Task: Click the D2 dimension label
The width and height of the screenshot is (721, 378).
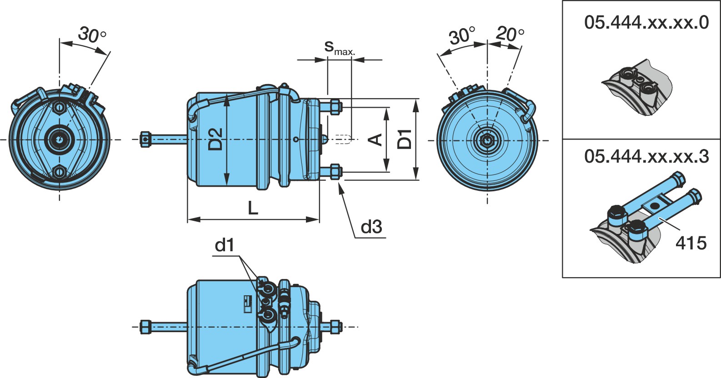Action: [215, 139]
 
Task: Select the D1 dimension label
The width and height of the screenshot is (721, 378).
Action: [405, 139]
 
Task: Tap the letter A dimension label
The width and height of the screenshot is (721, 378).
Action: [375, 139]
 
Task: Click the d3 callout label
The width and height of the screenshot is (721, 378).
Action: [371, 227]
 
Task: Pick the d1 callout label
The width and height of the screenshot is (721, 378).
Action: [225, 245]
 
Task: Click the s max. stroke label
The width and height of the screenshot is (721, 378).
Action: [340, 48]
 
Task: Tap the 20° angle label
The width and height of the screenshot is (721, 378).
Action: [510, 34]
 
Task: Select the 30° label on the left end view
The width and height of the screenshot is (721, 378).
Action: [92, 35]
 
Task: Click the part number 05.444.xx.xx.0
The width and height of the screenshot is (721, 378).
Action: [646, 23]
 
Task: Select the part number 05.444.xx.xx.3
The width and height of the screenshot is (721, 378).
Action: [646, 157]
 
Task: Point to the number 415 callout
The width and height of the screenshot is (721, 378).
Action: [691, 243]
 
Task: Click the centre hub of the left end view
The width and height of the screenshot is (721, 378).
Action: [60, 139]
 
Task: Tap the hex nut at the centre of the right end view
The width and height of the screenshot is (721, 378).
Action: [487, 140]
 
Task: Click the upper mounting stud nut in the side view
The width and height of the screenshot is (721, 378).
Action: [335, 107]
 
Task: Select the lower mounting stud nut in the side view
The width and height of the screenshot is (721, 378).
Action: [335, 172]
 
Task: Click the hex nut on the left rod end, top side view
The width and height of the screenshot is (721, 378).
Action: [145, 139]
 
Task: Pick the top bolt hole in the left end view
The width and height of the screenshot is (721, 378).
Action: [60, 107]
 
